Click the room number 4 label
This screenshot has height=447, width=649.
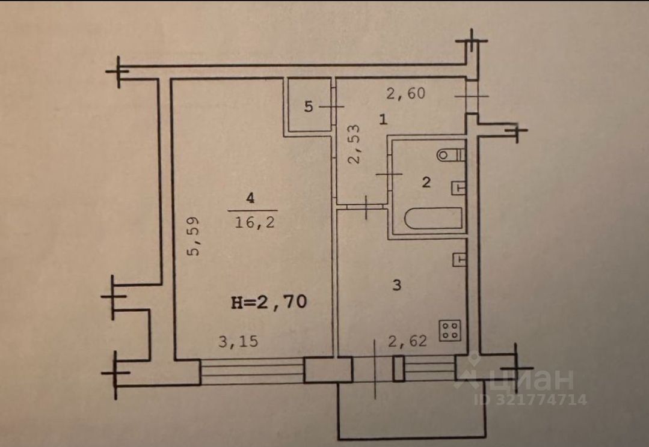249,196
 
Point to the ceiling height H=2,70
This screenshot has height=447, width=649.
269,302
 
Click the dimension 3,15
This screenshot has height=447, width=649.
238,342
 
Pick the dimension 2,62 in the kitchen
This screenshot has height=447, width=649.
407,342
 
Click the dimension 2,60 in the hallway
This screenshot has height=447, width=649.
406,93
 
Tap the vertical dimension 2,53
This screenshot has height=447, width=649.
355,144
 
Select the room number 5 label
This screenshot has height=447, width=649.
309,108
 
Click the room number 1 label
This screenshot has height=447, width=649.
383,120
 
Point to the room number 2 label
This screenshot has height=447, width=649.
426,183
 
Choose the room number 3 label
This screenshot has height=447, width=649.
396,285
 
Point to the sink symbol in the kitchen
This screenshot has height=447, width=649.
459,259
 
